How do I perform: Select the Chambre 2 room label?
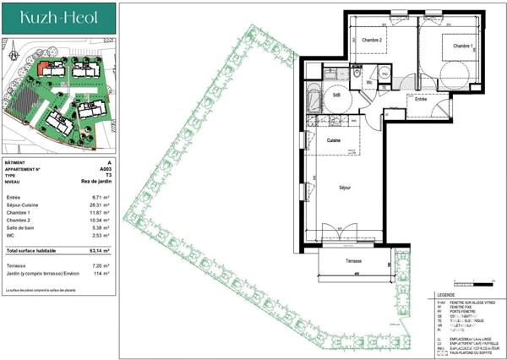pos(373,41)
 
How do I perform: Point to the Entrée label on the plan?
pos(420,100)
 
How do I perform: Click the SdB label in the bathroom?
pos(336,95)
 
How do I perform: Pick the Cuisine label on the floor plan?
pos(333,140)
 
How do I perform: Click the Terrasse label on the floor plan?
pos(352,261)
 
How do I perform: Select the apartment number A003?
pos(104,168)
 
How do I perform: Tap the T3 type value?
pos(106,174)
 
